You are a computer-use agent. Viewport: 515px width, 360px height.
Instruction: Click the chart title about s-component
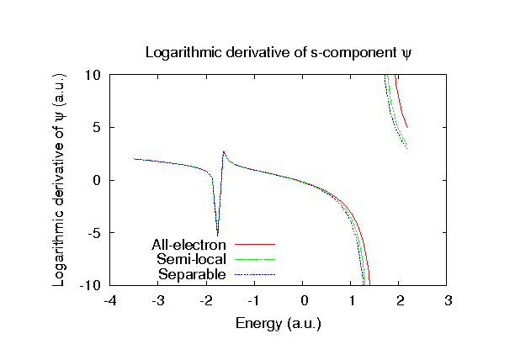pyautogui.click(x=278, y=52)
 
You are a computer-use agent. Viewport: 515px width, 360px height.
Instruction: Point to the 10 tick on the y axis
pyautogui.click(x=93, y=75)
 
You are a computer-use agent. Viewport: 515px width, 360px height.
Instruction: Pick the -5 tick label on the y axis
pyautogui.click(x=94, y=233)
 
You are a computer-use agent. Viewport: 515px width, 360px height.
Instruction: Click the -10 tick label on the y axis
pyautogui.click(x=91, y=286)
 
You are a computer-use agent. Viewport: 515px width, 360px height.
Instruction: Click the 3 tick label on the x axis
pyautogui.click(x=449, y=301)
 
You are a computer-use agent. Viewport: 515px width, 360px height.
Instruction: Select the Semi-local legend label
pyautogui.click(x=191, y=260)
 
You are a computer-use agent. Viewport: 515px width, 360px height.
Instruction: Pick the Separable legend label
pyautogui.click(x=192, y=274)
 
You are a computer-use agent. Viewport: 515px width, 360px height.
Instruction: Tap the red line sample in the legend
pyautogui.click(x=254, y=245)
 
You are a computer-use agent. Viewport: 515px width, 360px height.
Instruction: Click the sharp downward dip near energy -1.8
pyautogui.click(x=217, y=234)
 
